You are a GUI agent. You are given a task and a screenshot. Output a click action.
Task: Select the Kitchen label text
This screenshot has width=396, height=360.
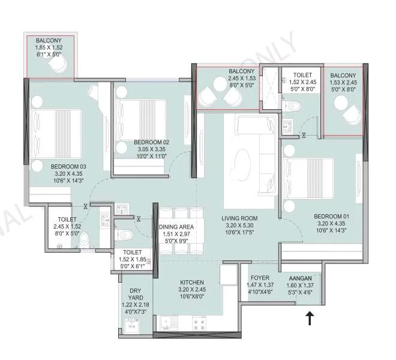192,282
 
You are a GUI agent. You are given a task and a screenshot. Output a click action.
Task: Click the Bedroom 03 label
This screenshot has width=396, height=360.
68,167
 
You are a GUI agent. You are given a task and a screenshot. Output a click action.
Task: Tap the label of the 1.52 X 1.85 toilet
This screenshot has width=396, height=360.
132,253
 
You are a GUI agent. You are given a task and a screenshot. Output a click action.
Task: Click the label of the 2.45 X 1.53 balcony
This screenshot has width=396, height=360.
242,71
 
